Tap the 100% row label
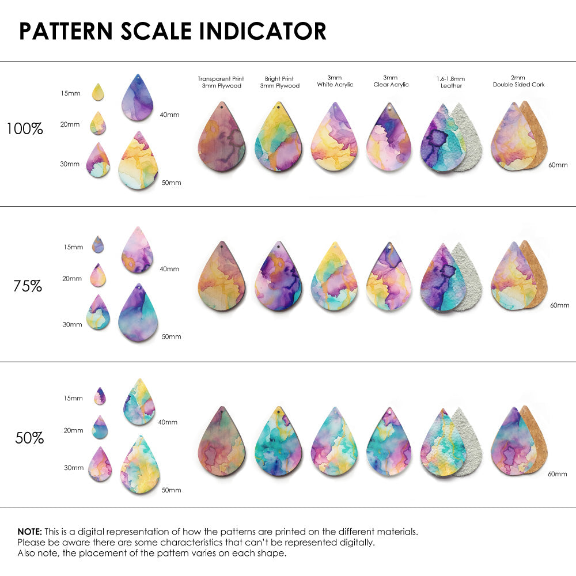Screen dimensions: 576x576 click(x=25, y=129)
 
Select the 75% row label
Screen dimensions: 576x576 click(x=28, y=286)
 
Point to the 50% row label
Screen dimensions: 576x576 click(x=29, y=438)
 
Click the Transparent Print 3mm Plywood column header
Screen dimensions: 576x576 click(x=221, y=82)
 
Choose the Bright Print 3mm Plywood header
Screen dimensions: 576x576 click(x=280, y=82)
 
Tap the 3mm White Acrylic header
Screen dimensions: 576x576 click(x=335, y=81)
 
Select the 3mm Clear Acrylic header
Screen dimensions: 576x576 click(x=391, y=81)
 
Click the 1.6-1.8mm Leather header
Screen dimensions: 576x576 click(x=450, y=82)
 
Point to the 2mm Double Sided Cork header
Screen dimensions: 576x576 click(x=518, y=81)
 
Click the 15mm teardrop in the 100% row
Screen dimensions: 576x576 click(x=98, y=92)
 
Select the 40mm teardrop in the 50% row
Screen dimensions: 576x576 click(x=139, y=402)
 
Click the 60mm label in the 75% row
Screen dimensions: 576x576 click(x=559, y=305)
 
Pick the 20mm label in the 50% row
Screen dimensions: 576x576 click(x=73, y=430)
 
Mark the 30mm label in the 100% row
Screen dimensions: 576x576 click(x=70, y=164)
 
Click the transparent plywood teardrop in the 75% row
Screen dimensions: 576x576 click(x=222, y=278)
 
